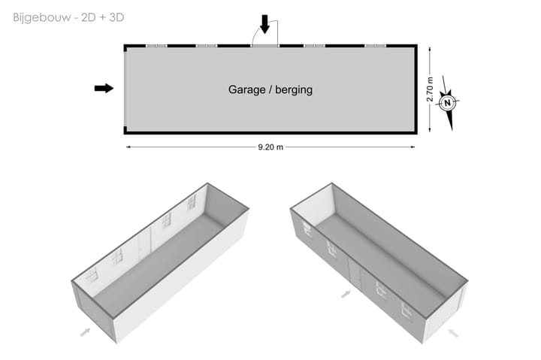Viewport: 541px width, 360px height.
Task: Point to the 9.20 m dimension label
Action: (270, 147)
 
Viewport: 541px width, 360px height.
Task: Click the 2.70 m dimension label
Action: (430, 89)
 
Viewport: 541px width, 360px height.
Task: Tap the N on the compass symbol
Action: (448, 103)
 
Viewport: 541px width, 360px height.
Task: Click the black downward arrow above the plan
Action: (264, 25)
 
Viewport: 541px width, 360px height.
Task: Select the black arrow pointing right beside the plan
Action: (104, 88)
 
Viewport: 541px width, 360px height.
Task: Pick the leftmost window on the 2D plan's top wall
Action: (156, 45)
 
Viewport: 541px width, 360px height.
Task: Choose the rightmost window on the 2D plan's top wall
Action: (375, 45)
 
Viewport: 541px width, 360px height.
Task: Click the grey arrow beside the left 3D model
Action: (86, 330)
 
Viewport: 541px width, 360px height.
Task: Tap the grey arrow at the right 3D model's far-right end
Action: (452, 331)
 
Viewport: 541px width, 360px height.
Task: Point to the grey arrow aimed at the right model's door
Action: (346, 294)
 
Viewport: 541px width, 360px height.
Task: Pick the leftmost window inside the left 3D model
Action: (92, 276)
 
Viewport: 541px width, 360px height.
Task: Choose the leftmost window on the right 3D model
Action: (307, 229)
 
